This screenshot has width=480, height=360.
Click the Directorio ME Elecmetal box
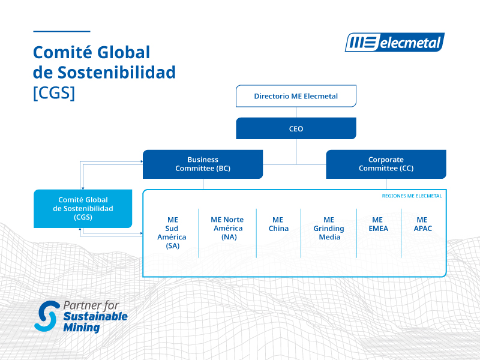pyautogui.click(x=296, y=96)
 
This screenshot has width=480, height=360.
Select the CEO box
pyautogui.click(x=296, y=128)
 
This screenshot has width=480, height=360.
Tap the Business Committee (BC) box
pyautogui.click(x=202, y=164)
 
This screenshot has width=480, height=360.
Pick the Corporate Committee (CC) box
pyautogui.click(x=386, y=164)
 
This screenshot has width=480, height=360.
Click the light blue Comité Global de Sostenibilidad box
pyautogui.click(x=83, y=208)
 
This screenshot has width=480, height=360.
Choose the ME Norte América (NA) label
pyautogui.click(x=227, y=228)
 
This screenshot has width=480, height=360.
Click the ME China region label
pyautogui.click(x=278, y=224)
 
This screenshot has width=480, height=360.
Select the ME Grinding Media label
pyautogui.click(x=328, y=228)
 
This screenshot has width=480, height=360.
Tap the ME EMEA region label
pyautogui.click(x=379, y=224)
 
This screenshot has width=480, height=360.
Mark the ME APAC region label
pyautogui.click(x=422, y=224)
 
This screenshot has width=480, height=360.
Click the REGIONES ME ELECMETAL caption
pyautogui.click(x=412, y=196)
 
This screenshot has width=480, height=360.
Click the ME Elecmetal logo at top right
pyautogui.click(x=394, y=43)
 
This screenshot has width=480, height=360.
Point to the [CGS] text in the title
pyautogui.click(x=54, y=93)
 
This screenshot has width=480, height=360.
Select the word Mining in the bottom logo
pyautogui.click(x=82, y=328)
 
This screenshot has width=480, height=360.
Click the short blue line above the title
pyautogui.click(x=61, y=31)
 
